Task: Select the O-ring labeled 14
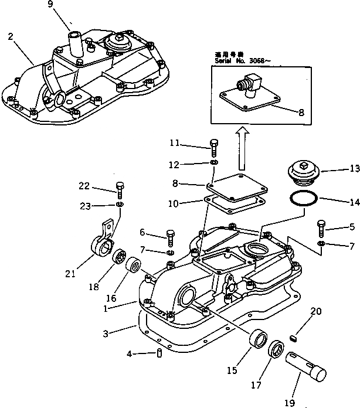[303, 198]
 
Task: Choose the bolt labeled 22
[120, 188]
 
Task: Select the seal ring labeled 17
[276, 354]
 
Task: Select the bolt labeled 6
[170, 238]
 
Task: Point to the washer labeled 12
[214, 162]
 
